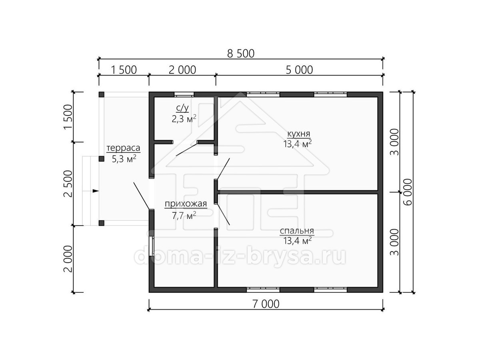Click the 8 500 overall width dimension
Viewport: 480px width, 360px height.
click(x=240, y=54)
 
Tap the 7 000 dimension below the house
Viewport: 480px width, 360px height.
click(x=266, y=304)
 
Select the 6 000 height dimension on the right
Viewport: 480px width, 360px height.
click(x=408, y=192)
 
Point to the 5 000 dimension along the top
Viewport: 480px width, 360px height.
click(x=299, y=70)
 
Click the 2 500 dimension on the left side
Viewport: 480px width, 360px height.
click(x=68, y=184)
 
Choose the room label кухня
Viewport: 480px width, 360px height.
click(x=298, y=134)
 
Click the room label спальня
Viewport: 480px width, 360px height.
click(x=297, y=231)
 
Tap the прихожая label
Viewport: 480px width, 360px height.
click(x=186, y=204)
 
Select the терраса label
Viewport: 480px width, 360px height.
click(x=123, y=148)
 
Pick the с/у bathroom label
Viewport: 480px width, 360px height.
click(x=182, y=108)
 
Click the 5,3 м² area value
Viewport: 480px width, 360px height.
click(x=124, y=159)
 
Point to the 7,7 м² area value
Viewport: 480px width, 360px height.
click(x=184, y=216)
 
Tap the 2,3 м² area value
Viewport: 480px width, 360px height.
click(x=184, y=119)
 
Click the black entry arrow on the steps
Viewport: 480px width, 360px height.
click(x=96, y=191)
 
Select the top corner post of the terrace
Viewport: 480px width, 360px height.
click(x=101, y=95)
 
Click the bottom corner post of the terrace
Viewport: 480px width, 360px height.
click(x=101, y=223)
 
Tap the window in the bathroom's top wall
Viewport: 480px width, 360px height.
click(x=184, y=94)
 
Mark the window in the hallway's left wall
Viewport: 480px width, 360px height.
click(x=152, y=246)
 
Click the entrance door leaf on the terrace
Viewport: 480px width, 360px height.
click(x=142, y=196)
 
